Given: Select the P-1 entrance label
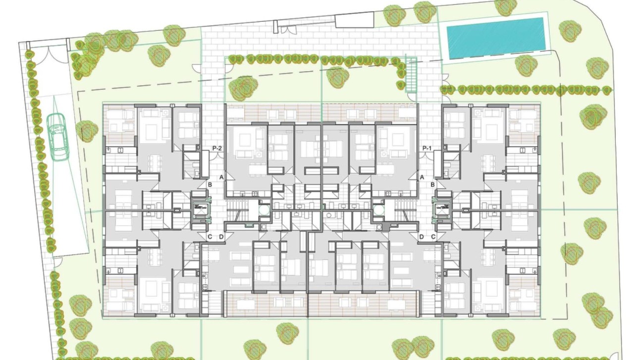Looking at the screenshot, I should (x=427, y=148).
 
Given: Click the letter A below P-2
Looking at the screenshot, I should (x=221, y=177).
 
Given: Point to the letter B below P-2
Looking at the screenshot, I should (x=210, y=185).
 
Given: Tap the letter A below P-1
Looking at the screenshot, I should (x=422, y=177).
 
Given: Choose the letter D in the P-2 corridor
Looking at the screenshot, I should (x=221, y=237).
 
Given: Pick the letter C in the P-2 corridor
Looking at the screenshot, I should (x=210, y=237).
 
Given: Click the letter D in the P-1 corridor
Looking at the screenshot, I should (x=422, y=237).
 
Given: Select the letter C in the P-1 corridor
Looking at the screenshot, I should (x=433, y=237).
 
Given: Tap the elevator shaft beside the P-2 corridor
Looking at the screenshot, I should (x=200, y=210).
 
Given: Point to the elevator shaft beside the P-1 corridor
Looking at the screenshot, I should (x=442, y=210).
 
